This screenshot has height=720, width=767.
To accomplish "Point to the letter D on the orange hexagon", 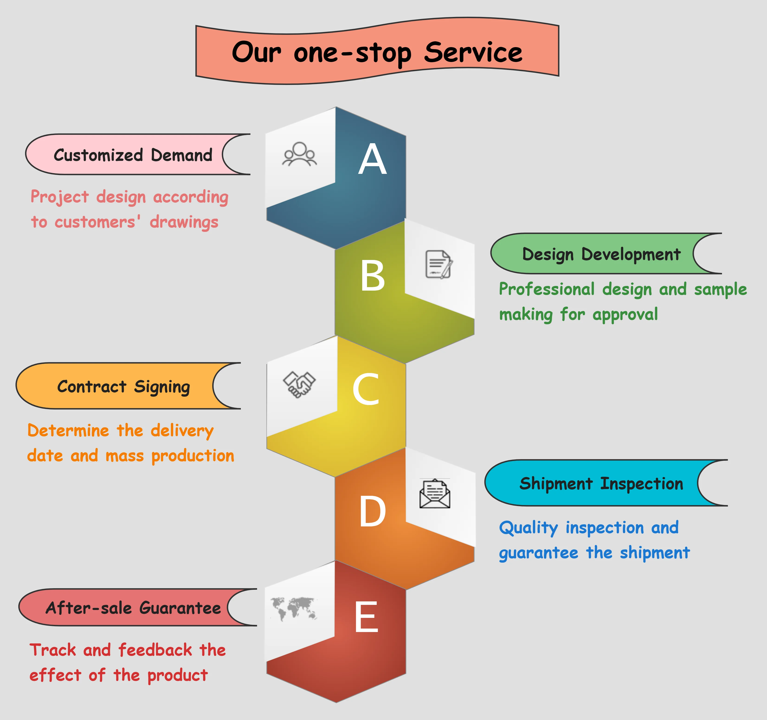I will (x=372, y=512).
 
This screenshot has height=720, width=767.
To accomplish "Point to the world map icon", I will (x=294, y=609).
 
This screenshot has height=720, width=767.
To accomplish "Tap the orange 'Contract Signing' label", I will (x=123, y=386).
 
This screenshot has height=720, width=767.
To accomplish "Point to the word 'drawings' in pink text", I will (x=184, y=222).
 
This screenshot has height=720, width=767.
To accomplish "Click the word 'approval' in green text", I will (x=625, y=315).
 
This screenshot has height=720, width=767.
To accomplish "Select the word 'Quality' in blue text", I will (x=528, y=528).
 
